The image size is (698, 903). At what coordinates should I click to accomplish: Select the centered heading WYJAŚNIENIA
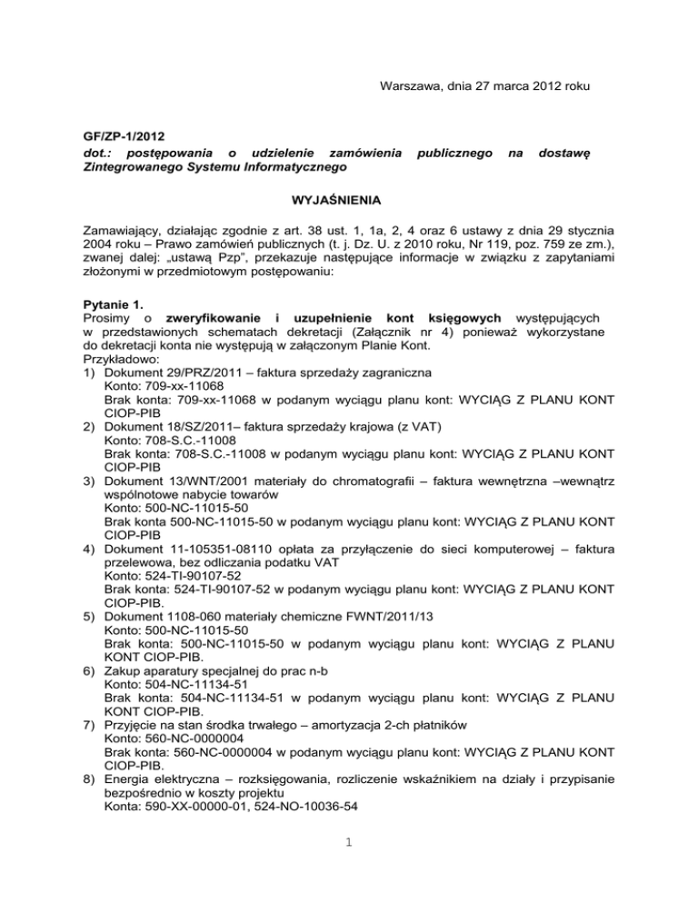pos(348,196)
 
